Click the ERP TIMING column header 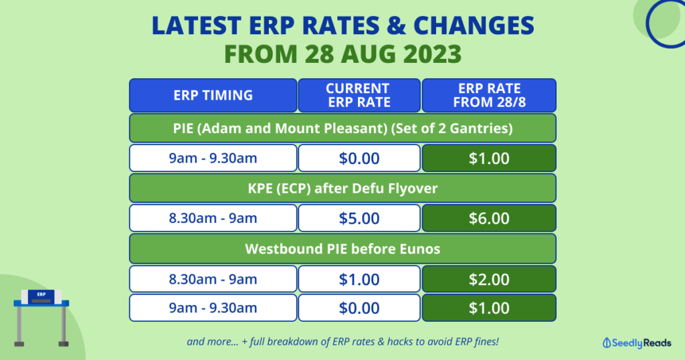213,95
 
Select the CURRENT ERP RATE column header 359,95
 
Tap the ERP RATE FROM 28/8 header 488,95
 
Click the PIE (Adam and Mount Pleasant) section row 342,128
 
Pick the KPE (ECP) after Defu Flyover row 342,188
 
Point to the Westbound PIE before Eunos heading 342,248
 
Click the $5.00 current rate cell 359,218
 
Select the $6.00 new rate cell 488,218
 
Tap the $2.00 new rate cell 488,278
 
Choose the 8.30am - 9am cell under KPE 213,218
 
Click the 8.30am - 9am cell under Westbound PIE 213,278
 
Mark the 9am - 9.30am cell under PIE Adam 213,158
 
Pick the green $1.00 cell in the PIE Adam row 488,158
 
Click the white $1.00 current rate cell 359,278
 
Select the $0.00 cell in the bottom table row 359,308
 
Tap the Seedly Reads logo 631,342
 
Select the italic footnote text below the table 342,341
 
